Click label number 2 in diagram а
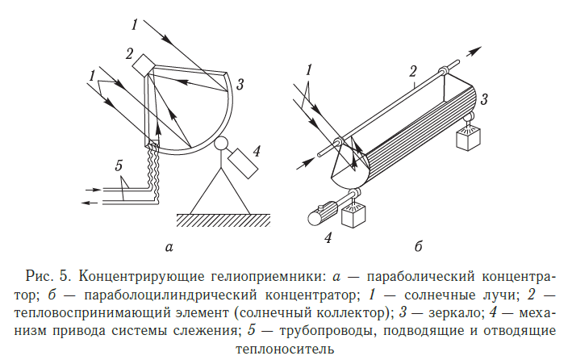coord(128,54)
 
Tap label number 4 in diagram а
coord(256,149)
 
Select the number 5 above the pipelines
coord(119,166)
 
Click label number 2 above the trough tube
coord(412,70)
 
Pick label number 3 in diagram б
coord(482,99)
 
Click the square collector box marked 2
coord(145,64)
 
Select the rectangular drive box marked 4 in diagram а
coord(242,165)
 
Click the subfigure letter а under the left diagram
coord(167,246)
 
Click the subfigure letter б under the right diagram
coord(417,245)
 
